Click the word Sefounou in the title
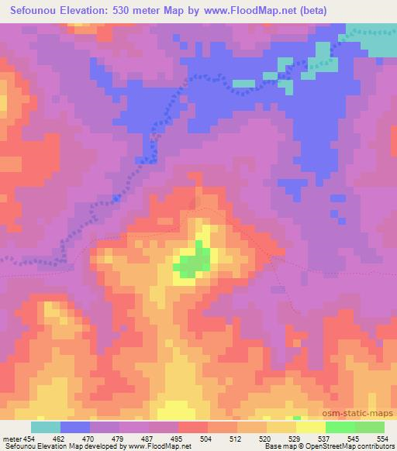pos(36,11)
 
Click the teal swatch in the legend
pos(46,427)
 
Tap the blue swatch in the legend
pos(75,427)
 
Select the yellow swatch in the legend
pos(310,427)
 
